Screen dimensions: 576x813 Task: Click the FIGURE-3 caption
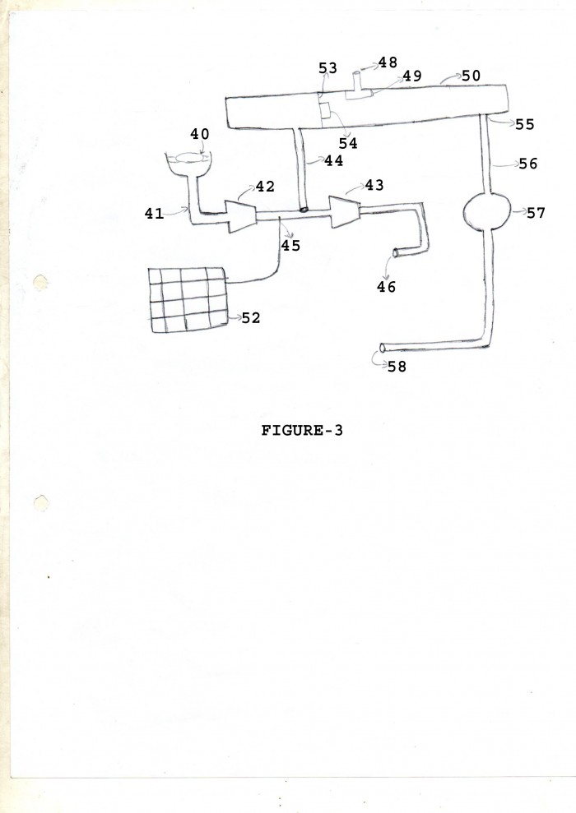click(x=301, y=431)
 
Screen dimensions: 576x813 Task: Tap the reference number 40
click(x=200, y=134)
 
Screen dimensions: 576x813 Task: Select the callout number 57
click(x=536, y=213)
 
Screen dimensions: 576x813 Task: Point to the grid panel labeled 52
click(x=188, y=300)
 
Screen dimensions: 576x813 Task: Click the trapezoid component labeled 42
click(x=239, y=215)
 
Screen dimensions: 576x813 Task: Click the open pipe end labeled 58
click(x=383, y=348)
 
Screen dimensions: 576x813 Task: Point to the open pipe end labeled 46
click(x=396, y=253)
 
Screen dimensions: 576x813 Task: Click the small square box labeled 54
click(x=326, y=111)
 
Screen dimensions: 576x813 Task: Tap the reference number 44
click(x=333, y=161)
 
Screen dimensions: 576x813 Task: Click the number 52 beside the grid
click(x=251, y=318)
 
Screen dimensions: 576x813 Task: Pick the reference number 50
click(x=471, y=76)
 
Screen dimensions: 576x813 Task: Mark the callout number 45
click(x=291, y=245)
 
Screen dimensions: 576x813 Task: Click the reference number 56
click(x=527, y=164)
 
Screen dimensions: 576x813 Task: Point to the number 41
click(x=154, y=214)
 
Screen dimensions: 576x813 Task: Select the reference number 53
click(x=328, y=68)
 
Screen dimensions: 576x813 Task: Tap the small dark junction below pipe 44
click(x=304, y=210)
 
